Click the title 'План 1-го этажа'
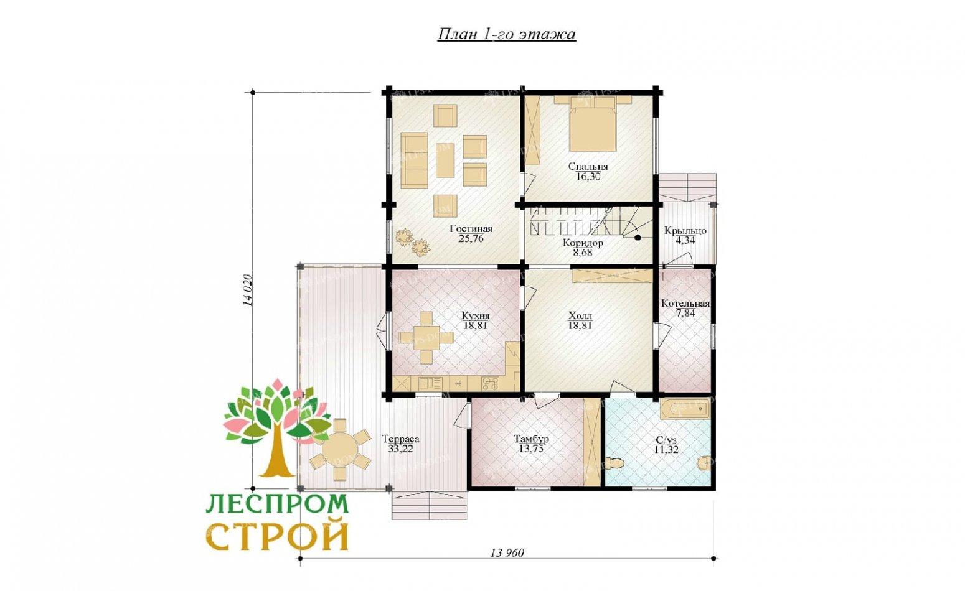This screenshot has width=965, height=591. [x=506, y=34]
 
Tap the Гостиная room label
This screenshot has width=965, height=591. [x=471, y=229]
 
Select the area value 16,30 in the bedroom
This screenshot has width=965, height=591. [x=588, y=177]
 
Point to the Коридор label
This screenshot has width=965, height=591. [x=583, y=243]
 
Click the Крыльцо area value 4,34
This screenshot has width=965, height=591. [x=685, y=240]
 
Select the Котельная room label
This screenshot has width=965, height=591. [x=685, y=304]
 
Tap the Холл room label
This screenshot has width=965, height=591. [x=580, y=315]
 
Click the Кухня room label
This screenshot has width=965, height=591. [x=475, y=315]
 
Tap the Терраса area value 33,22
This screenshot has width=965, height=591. [x=400, y=448]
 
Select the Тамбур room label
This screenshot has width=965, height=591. [x=531, y=439]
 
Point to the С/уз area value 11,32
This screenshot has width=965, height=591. [x=666, y=450]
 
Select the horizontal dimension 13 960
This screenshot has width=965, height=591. [x=507, y=552]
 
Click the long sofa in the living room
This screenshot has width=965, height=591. [x=414, y=160]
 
